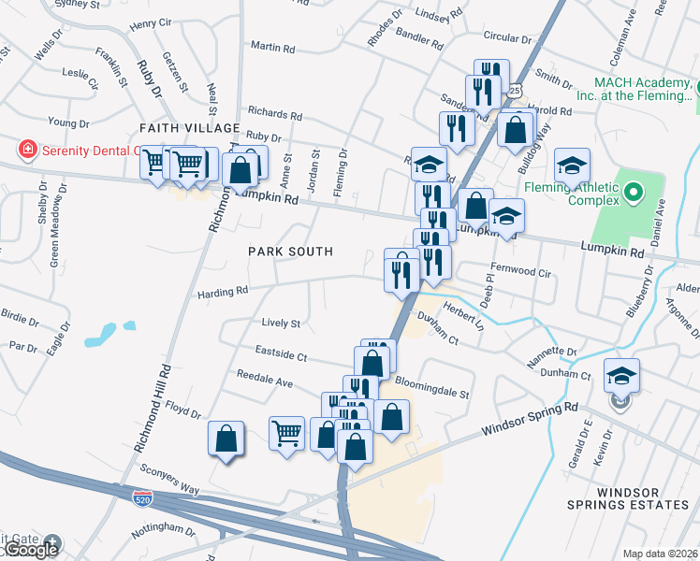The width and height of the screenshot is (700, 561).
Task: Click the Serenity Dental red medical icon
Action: [x=27, y=149]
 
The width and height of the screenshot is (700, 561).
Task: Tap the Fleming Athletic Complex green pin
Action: [x=633, y=194]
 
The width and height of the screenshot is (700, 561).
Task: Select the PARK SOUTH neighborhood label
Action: [x=290, y=252]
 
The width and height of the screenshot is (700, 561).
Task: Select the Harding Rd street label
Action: [x=222, y=292]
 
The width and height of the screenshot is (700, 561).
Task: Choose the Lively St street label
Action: [x=281, y=324]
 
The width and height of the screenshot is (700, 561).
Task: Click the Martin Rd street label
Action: [x=273, y=46]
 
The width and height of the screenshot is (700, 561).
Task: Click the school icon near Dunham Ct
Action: [x=621, y=376]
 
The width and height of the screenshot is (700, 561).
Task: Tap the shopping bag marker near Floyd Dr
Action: [x=226, y=439]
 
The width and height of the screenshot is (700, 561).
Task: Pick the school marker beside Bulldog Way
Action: [x=572, y=166]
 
